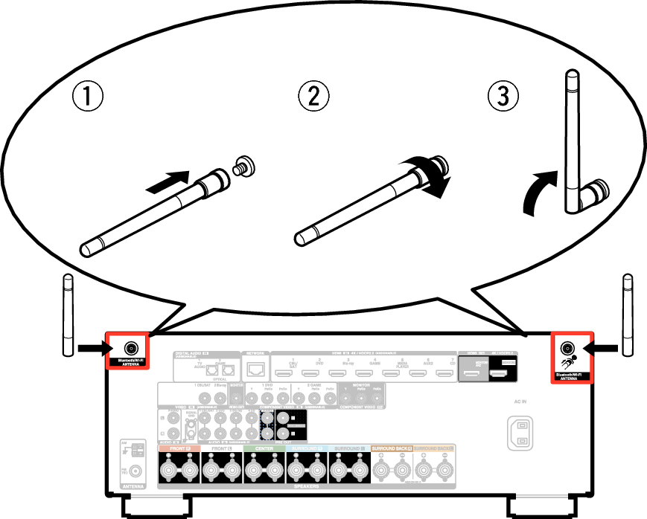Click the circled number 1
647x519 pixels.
(x=87, y=97)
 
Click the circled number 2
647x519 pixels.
(x=313, y=97)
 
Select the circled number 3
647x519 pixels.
(x=503, y=97)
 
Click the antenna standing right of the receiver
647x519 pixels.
(x=627, y=316)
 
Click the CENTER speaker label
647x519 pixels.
(x=264, y=449)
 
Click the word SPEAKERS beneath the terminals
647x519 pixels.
(x=306, y=486)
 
